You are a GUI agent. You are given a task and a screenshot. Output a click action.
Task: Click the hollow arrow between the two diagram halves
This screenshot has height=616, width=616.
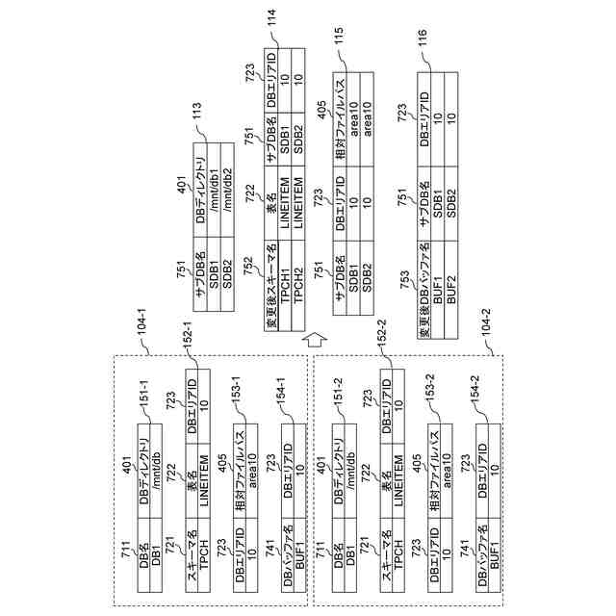click(309, 339)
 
